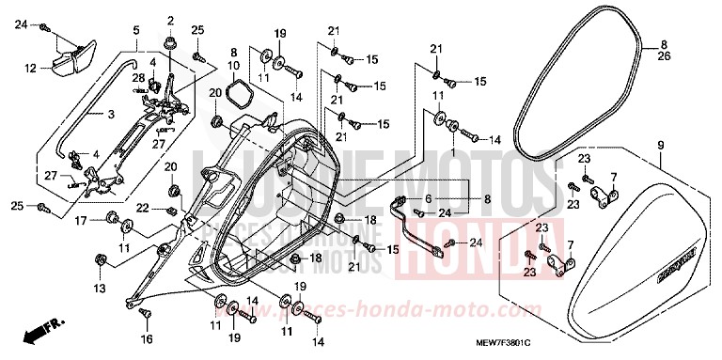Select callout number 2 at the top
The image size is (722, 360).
(171, 21)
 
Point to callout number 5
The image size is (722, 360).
(137, 30)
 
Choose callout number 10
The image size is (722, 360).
(234, 65)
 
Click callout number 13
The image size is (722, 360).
(101, 287)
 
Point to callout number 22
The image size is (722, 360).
(142, 207)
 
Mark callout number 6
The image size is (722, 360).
(427, 199)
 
